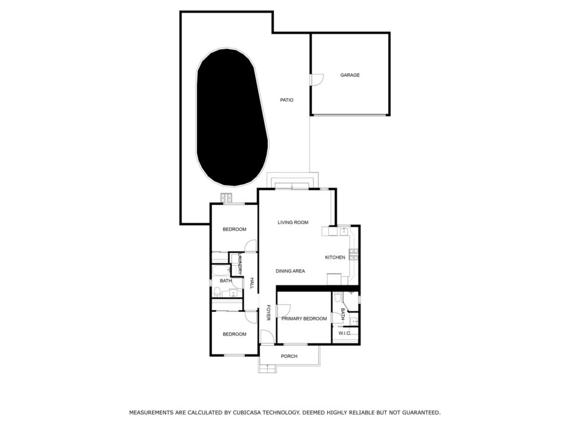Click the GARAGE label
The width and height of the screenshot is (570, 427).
click(x=350, y=75)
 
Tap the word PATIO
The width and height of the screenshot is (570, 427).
click(x=287, y=100)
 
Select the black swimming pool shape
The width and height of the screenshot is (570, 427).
click(x=232, y=117)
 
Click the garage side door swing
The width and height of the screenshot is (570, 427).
click(x=317, y=79)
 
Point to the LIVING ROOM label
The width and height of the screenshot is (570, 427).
click(x=293, y=222)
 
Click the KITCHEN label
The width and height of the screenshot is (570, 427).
click(x=335, y=257)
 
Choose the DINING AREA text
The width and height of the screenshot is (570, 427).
click(x=290, y=271)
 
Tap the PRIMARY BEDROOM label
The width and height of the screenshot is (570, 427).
click(x=304, y=319)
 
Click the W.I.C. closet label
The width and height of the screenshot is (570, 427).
click(x=344, y=333)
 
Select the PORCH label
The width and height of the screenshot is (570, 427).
click(x=289, y=356)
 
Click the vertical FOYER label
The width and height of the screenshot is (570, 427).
click(x=268, y=313)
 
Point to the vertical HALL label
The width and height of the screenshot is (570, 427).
click(x=251, y=283)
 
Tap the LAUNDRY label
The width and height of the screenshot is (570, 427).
click(x=239, y=264)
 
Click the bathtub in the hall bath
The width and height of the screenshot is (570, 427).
click(x=221, y=271)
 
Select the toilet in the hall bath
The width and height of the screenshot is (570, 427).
click(x=217, y=291)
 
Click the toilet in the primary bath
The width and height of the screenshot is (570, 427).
click(x=337, y=297)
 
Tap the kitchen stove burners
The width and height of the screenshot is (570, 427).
click(x=353, y=254)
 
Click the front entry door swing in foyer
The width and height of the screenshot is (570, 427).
click(x=267, y=337)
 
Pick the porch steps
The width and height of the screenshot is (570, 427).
click(x=267, y=368)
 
